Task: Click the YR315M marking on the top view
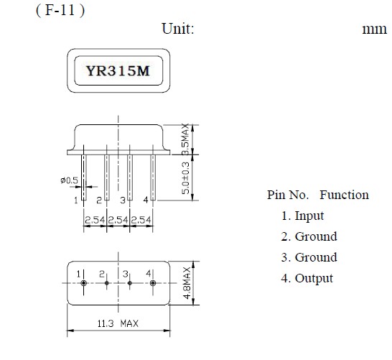(118, 71)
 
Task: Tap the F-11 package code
(60, 11)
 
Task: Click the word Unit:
(178, 29)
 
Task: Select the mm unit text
(375, 29)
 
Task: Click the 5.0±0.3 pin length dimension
(185, 178)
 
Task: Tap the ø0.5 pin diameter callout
(69, 180)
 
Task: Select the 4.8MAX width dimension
(187, 283)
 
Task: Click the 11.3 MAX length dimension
(118, 323)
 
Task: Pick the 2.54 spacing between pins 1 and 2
(95, 220)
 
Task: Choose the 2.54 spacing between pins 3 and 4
(141, 220)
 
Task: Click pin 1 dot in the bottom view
(83, 283)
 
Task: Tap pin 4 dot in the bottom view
(153, 283)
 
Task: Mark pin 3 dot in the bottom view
(130, 283)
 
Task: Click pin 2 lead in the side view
(107, 177)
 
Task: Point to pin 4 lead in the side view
(153, 177)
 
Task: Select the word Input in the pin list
(309, 216)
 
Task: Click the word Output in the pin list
(314, 279)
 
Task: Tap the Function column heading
(344, 195)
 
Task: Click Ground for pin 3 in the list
(316, 257)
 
